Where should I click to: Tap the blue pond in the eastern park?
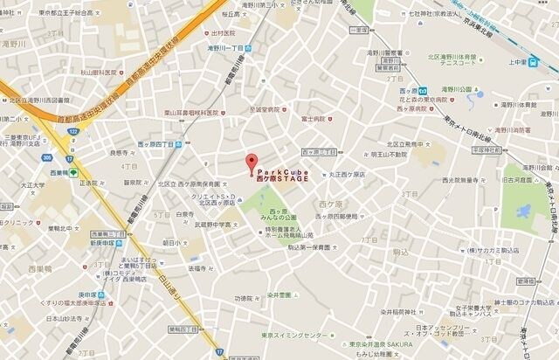523,211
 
